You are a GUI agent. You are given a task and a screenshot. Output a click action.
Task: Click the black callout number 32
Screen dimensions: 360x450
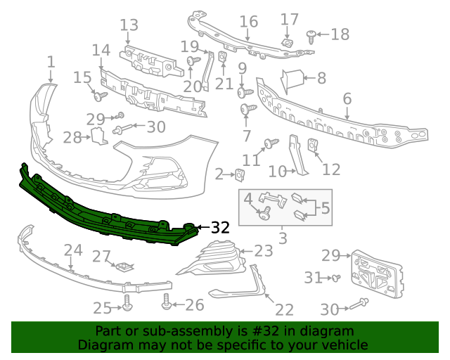point(220,228)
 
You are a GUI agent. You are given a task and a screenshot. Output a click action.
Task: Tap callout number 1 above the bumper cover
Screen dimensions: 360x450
point(51,63)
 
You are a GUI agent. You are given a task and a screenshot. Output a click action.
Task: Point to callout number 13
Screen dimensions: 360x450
point(129,26)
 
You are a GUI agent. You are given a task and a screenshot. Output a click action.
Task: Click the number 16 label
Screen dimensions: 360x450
point(248,22)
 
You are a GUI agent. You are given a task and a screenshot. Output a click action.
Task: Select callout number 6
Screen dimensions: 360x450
point(347,99)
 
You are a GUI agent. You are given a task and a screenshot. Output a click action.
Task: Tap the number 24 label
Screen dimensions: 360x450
point(73,250)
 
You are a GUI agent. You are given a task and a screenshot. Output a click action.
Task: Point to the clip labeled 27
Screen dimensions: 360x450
point(124,266)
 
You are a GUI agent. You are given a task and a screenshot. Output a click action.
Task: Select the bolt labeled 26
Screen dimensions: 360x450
point(167,301)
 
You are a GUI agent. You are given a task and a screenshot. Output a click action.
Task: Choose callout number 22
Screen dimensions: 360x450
point(284,310)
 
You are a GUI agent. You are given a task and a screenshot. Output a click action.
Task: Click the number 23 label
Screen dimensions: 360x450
point(263,251)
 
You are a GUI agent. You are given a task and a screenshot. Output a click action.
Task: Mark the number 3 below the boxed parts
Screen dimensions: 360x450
point(283,238)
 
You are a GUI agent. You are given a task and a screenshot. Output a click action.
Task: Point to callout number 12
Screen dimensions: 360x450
point(331,169)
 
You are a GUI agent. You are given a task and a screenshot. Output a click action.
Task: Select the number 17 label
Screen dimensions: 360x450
point(290,19)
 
